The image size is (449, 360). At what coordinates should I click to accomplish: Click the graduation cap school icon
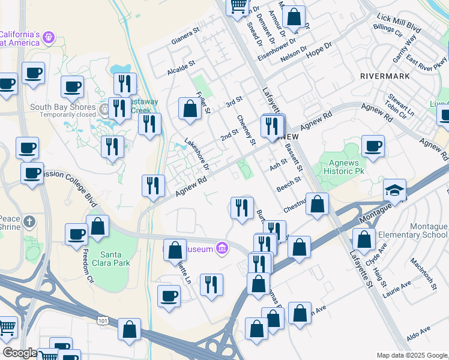click(394, 190)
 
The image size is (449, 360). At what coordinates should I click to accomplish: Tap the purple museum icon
click(222, 247)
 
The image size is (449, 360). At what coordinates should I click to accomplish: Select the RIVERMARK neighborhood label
click(385, 76)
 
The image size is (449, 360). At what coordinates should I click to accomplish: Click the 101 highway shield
click(103, 322)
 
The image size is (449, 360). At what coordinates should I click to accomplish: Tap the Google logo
click(19, 353)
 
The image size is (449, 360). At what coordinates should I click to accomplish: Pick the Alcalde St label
click(181, 67)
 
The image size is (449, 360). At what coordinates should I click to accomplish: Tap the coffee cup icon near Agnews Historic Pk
click(373, 146)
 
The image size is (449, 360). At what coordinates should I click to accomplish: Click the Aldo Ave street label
click(418, 334)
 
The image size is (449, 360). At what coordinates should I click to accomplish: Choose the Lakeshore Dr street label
click(196, 152)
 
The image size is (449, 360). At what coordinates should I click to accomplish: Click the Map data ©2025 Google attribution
click(411, 355)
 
